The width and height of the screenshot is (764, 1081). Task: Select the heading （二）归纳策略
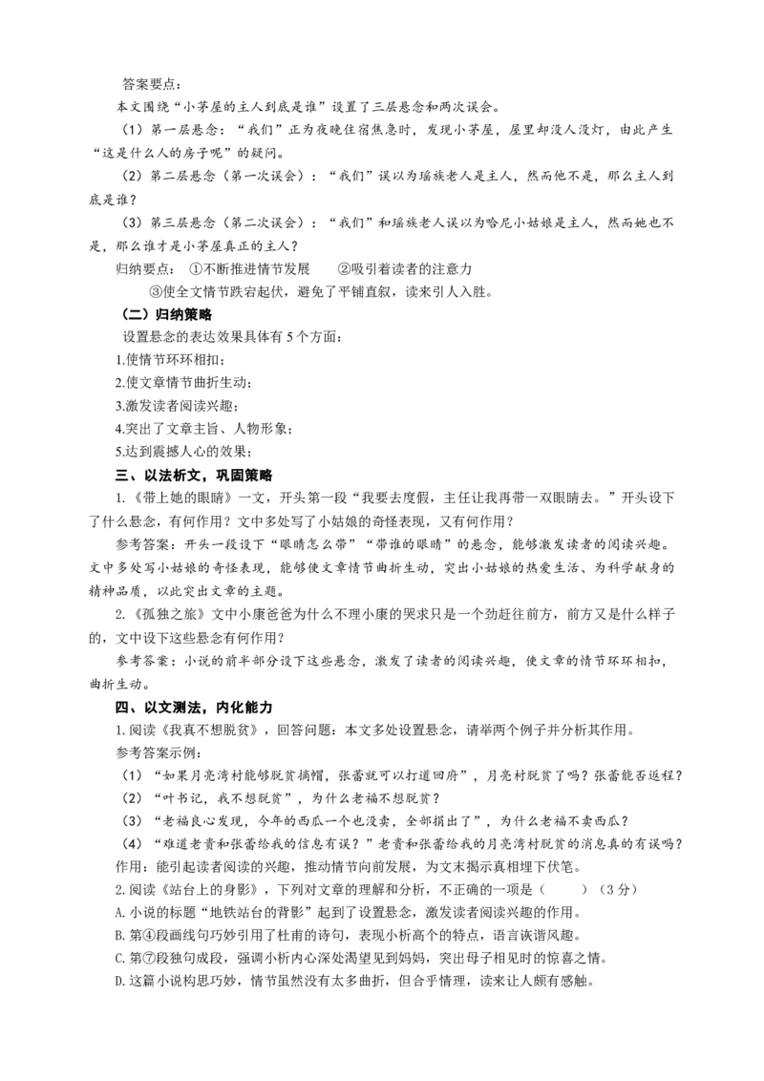point(165,314)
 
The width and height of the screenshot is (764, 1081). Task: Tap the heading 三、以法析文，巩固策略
point(194,476)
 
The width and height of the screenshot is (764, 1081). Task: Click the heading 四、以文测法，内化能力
point(194,708)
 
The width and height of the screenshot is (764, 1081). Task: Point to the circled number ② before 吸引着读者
point(344,269)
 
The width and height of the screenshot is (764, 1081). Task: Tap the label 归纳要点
point(141,269)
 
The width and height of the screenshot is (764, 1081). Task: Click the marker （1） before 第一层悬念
point(132,130)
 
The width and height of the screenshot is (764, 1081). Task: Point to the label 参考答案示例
point(156,752)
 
